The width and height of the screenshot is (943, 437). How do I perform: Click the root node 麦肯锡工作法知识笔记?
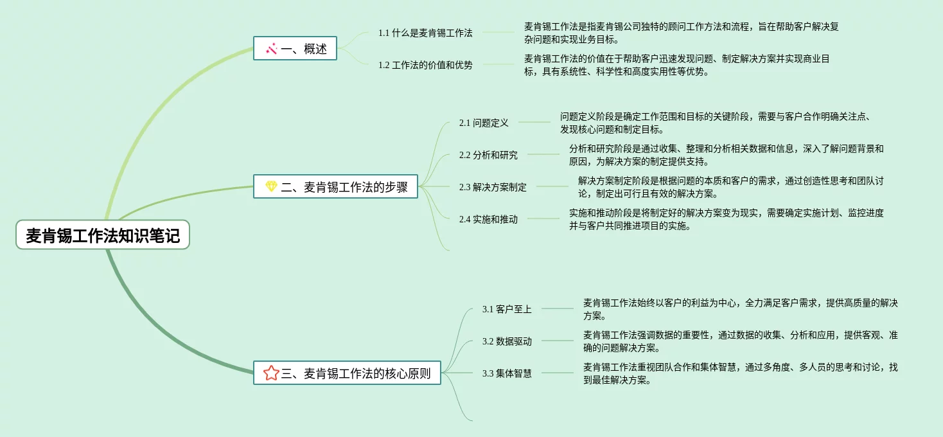103,235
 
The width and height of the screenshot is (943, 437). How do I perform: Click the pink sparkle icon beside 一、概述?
272,49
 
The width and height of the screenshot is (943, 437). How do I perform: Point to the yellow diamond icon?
272,187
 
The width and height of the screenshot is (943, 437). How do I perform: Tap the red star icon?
271,373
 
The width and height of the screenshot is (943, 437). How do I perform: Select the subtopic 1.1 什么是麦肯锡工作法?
425,33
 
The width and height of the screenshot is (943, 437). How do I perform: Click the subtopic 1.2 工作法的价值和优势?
425,65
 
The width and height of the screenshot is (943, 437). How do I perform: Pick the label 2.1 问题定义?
484,123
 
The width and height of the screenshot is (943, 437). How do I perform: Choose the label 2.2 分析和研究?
488,155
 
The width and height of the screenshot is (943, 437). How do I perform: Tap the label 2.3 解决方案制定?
493,187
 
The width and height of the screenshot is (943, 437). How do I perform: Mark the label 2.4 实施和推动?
488,219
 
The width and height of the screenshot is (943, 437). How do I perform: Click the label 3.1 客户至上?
507,309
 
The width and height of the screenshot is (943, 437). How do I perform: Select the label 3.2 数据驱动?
507,341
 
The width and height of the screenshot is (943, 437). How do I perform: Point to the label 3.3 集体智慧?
507,373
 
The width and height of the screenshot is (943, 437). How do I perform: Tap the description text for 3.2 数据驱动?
740,341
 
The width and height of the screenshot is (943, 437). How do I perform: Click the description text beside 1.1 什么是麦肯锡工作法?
681,33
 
